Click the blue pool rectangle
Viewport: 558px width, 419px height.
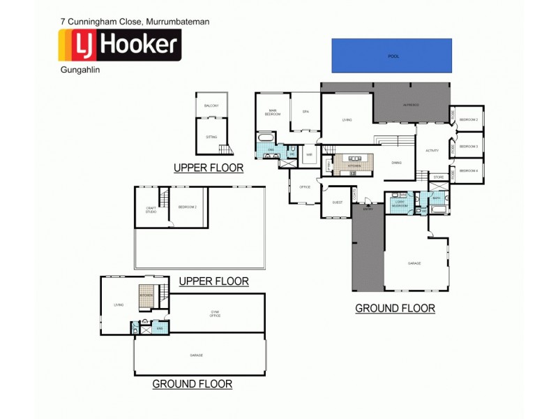click(391, 55)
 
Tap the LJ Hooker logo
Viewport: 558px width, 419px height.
click(119, 45)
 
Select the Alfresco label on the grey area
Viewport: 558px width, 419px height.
click(411, 105)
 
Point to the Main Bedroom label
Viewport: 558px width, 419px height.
click(273, 112)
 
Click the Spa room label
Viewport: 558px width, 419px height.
click(306, 112)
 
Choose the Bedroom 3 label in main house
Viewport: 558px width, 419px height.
click(468, 146)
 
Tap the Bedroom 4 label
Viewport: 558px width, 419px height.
click(468, 171)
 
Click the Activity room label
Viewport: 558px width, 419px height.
click(432, 150)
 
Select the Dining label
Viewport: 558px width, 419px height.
click(396, 163)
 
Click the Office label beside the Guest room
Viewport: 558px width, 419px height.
click(305, 187)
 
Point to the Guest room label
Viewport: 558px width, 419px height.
click(338, 202)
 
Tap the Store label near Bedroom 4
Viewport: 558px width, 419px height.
click(438, 177)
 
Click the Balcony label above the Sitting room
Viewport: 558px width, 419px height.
click(211, 105)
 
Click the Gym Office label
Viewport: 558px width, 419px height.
click(216, 314)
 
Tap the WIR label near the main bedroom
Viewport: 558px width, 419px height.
click(308, 155)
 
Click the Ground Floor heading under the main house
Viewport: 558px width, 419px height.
click(395, 308)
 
